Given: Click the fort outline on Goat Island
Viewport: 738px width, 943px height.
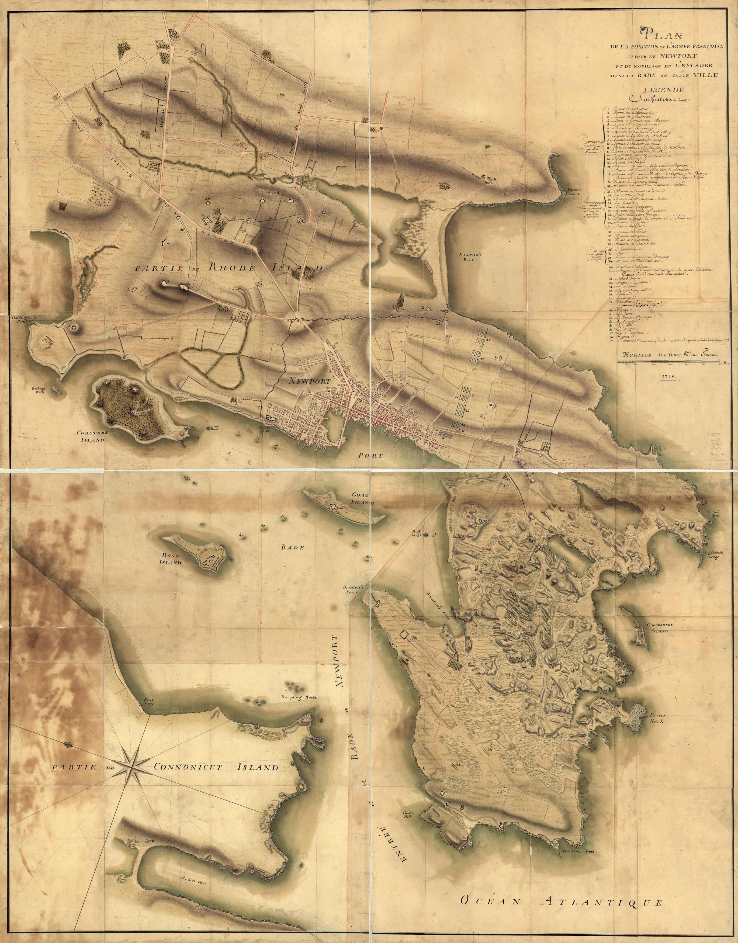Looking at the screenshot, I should [333, 507].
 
